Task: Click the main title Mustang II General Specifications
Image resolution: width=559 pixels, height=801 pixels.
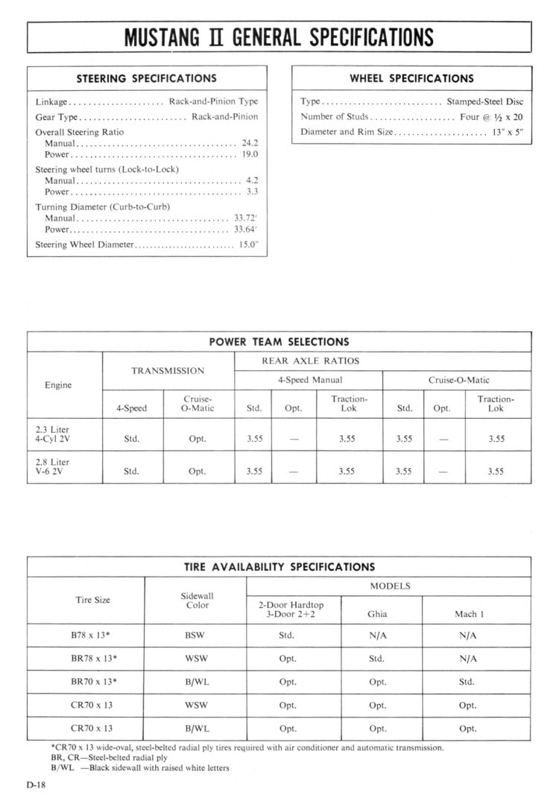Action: [x=279, y=37]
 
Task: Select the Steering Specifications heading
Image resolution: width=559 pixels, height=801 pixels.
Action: [x=147, y=78]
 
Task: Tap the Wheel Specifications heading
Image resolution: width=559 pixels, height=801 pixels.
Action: [x=411, y=78]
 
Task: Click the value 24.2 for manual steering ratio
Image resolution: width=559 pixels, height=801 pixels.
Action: [x=250, y=142]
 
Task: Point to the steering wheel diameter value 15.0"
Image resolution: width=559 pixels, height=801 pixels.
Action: [x=248, y=244]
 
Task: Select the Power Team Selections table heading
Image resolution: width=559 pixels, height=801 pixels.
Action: [x=279, y=342]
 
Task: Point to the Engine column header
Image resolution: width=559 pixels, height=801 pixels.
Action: [x=58, y=385]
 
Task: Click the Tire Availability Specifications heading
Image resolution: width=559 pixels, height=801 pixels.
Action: [x=279, y=567]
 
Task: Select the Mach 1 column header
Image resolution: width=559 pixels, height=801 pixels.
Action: [x=469, y=615]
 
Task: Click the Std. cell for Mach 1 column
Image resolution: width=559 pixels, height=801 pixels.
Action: [x=467, y=682]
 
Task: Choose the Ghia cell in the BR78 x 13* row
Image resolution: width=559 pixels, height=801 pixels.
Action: [x=377, y=659]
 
